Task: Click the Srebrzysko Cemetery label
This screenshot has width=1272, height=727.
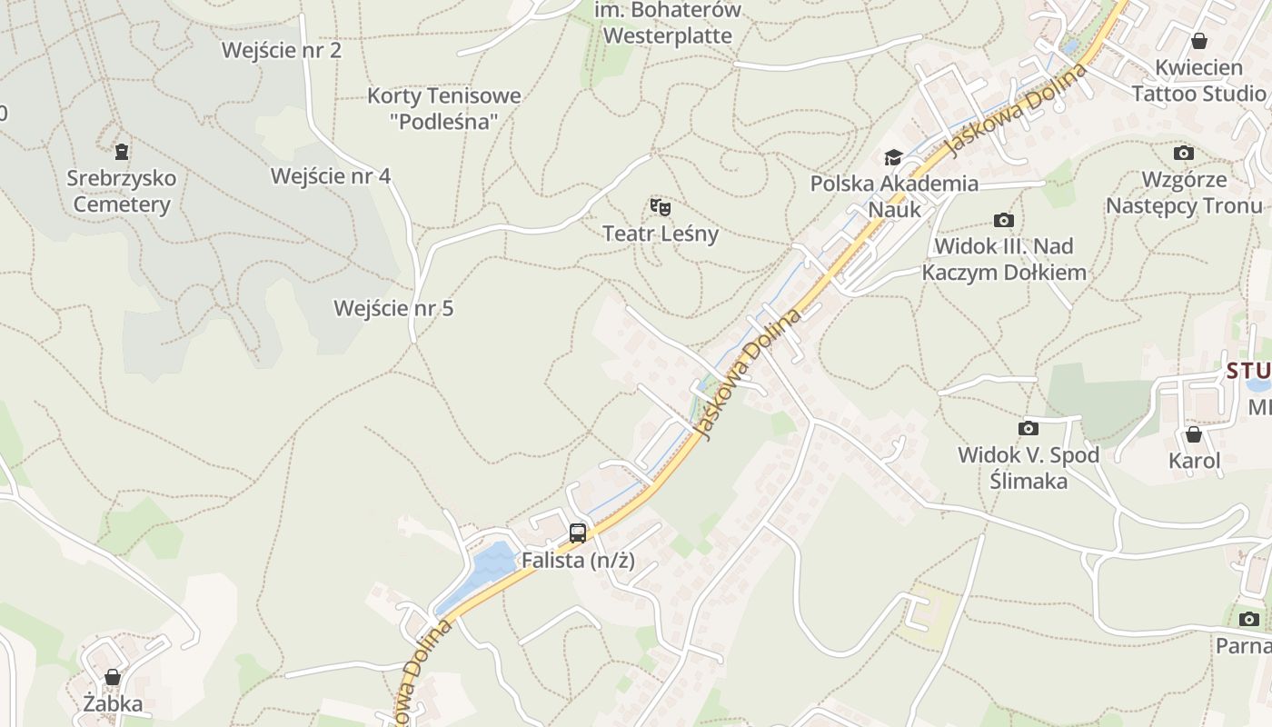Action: pyautogui.click(x=122, y=191)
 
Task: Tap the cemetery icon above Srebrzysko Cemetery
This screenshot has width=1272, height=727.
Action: pyautogui.click(x=122, y=151)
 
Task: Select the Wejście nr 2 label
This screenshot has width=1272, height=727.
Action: pyautogui.click(x=282, y=50)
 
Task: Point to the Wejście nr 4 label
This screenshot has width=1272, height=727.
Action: pyautogui.click(x=331, y=175)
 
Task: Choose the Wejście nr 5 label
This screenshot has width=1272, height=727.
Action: pyautogui.click(x=393, y=308)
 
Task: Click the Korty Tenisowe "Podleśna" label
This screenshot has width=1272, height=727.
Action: pyautogui.click(x=444, y=108)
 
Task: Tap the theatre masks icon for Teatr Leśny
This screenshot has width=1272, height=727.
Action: pyautogui.click(x=661, y=207)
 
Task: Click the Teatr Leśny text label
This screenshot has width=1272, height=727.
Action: pyautogui.click(x=661, y=234)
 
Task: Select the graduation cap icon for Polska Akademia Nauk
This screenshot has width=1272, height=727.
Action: pyautogui.click(x=894, y=158)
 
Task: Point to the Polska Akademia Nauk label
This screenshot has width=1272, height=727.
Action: pyautogui.click(x=895, y=196)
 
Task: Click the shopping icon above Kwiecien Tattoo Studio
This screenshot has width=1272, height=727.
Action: pyautogui.click(x=1198, y=41)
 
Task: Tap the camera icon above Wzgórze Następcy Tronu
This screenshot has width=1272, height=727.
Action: pyautogui.click(x=1183, y=153)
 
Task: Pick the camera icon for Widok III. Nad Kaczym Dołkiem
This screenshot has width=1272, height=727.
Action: pyautogui.click(x=1004, y=220)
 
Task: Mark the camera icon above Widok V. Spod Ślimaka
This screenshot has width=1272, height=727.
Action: pyautogui.click(x=1029, y=428)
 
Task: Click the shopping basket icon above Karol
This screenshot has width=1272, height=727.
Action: pyautogui.click(x=1194, y=434)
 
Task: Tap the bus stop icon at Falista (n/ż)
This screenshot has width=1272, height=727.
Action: pyautogui.click(x=578, y=533)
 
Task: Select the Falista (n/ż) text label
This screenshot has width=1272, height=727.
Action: pyautogui.click(x=578, y=561)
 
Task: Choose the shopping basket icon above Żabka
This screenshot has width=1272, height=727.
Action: pyautogui.click(x=113, y=677)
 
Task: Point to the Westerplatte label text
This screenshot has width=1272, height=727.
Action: pyautogui.click(x=668, y=36)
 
